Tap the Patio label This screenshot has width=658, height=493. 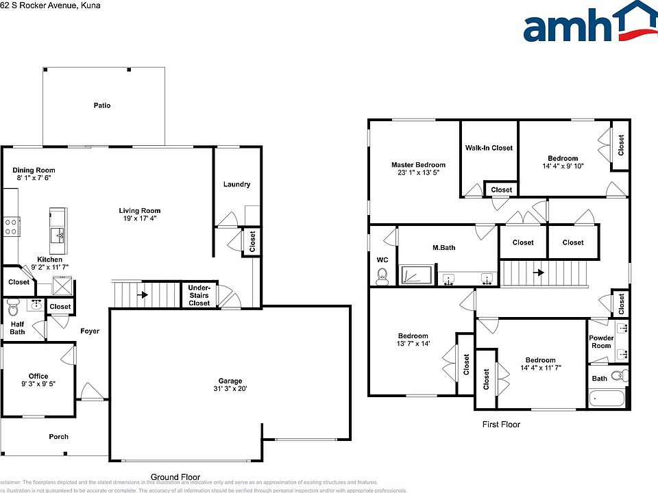pyautogui.click(x=102, y=105)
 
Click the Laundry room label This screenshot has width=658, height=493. pyautogui.click(x=236, y=184)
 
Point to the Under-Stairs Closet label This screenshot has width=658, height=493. pyautogui.click(x=199, y=295)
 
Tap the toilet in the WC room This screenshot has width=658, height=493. pyautogui.click(x=382, y=276)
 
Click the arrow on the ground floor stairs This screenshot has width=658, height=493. pyautogui.click(x=144, y=296)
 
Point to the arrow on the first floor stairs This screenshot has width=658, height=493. pyautogui.click(x=539, y=273)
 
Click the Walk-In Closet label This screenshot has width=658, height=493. pyautogui.click(x=489, y=148)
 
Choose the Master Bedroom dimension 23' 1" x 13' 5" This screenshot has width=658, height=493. pyautogui.click(x=418, y=173)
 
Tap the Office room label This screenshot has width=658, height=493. pyautogui.click(x=38, y=376)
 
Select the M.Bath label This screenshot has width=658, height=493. pyautogui.click(x=443, y=248)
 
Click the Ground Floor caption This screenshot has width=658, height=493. pyautogui.click(x=175, y=477)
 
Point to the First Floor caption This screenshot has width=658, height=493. pyautogui.click(x=501, y=425)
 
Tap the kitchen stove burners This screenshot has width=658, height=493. pyautogui.click(x=11, y=226)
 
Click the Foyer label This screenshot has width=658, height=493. pyautogui.click(x=89, y=331)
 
